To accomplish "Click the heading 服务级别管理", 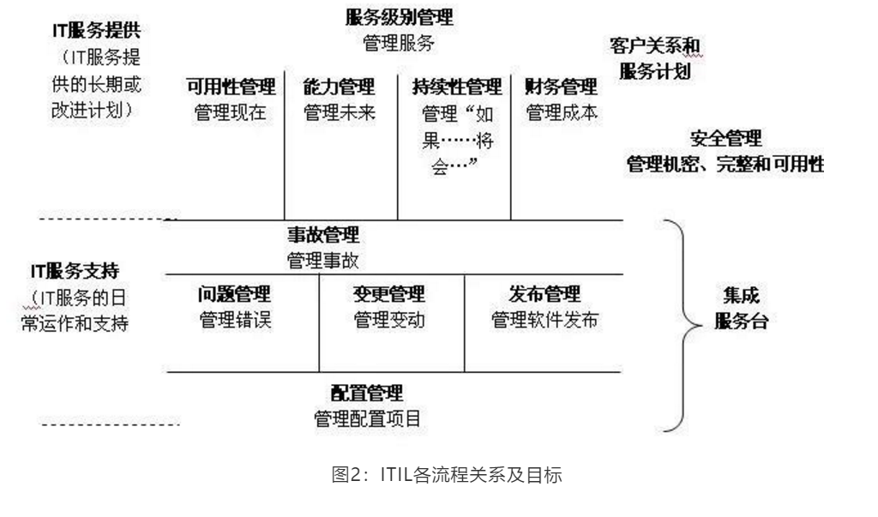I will pyautogui.click(x=400, y=17).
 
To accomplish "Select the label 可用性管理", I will pyautogui.click(x=231, y=87).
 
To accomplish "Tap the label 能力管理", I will pyautogui.click(x=340, y=87).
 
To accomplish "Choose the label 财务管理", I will pyautogui.click(x=562, y=87).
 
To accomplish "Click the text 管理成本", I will pyautogui.click(x=562, y=112).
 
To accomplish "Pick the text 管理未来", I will pyautogui.click(x=340, y=112).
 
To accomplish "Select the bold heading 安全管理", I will pyautogui.click(x=725, y=138).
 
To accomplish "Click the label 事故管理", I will pyautogui.click(x=323, y=235).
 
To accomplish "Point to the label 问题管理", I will pyautogui.click(x=234, y=295).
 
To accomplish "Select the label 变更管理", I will pyautogui.click(x=388, y=295).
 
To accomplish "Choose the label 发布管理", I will pyautogui.click(x=544, y=295).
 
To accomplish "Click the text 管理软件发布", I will pyautogui.click(x=544, y=321).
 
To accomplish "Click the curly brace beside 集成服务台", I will pyautogui.click(x=680, y=326).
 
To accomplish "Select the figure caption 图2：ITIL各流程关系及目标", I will pyautogui.click(x=447, y=475).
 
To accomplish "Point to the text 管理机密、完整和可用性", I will pyautogui.click(x=725, y=165).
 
